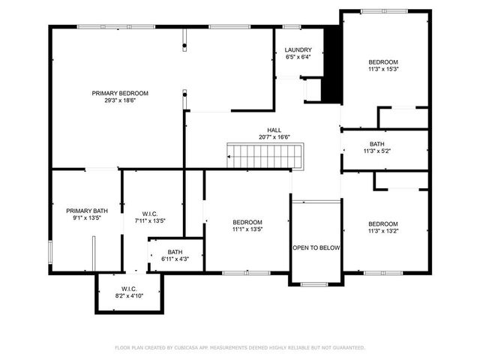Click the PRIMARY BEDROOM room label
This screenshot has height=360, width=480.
coord(120,93)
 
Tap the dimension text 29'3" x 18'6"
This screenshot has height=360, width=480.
coord(120,100)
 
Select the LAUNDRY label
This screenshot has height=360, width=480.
coord(298,50)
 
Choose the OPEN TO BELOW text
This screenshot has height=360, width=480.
coord(316,247)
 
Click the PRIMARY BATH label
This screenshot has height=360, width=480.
coord(83,211)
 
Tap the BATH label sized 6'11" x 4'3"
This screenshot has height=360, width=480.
coord(175,252)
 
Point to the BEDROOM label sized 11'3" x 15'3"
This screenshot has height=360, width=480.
coord(382,61)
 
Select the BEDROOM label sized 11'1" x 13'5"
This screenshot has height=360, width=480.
coord(247,222)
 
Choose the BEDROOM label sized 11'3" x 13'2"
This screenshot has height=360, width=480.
coord(382,223)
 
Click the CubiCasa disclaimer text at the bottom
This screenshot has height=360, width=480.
coord(240,347)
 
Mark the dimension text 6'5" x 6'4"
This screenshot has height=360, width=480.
coord(298,57)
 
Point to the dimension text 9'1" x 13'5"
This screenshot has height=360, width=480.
coord(83,218)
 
